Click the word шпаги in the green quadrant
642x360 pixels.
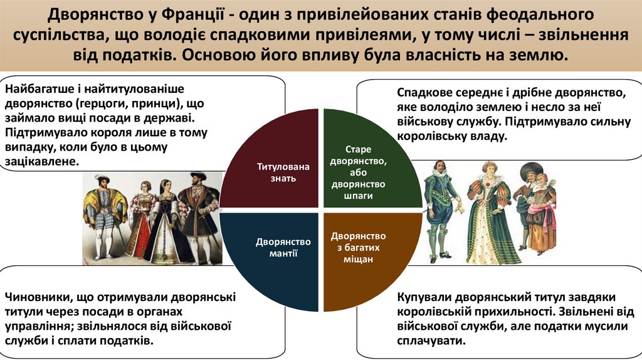359,196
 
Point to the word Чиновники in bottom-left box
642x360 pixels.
34,297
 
